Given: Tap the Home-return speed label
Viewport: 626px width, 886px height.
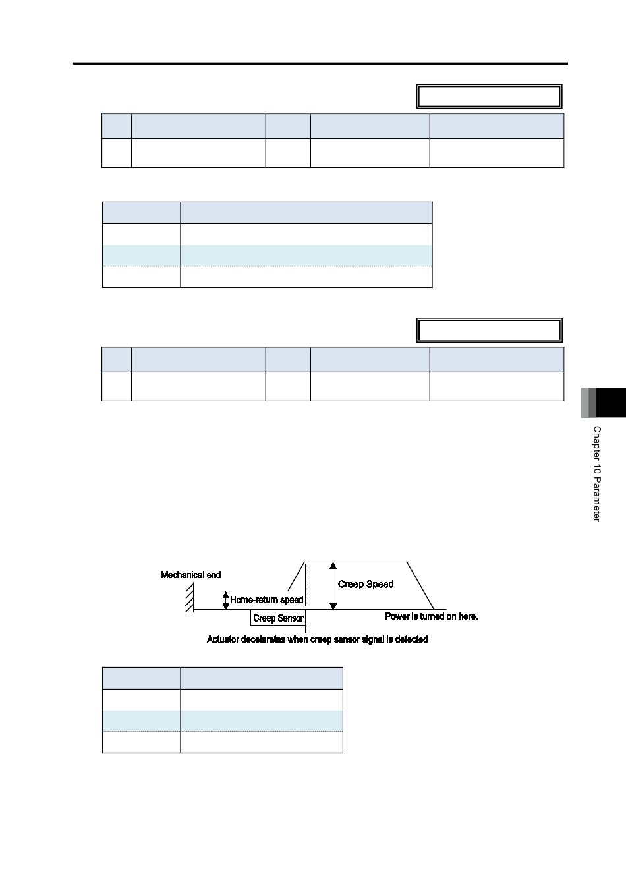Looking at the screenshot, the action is [266, 600].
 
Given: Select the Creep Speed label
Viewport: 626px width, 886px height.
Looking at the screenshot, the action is [366, 584].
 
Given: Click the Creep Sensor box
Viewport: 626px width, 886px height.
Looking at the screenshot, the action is [278, 618].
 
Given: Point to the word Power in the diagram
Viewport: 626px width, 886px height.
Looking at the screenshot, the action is [396, 616].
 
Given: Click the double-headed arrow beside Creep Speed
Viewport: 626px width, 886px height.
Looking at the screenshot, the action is [333, 585].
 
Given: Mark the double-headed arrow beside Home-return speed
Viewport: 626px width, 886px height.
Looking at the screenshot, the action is [226, 601].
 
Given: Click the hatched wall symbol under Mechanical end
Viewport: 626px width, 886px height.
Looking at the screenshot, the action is [190, 598].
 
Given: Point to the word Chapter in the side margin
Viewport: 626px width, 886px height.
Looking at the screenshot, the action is [597, 444].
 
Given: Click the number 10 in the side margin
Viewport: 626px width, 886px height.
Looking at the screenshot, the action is [597, 469].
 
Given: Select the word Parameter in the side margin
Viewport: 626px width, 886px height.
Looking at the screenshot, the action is [597, 500].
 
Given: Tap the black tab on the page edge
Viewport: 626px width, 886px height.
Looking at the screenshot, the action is [611, 403].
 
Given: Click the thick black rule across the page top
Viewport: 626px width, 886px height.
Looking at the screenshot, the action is [320, 63].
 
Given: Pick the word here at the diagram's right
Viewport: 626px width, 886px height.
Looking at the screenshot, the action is [469, 616].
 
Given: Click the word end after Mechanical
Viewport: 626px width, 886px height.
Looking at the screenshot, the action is [213, 575].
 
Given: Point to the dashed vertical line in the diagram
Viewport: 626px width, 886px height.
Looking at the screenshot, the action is [306, 597].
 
